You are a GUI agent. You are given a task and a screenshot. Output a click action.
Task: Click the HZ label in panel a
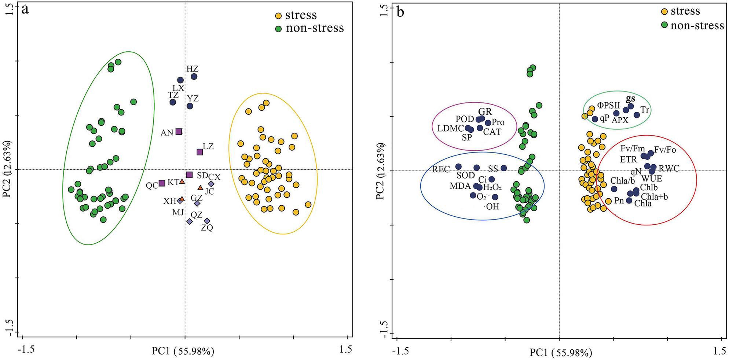[x=192, y=69]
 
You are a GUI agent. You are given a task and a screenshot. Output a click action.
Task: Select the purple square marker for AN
[x=179, y=132]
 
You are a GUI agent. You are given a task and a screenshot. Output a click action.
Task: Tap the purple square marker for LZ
[x=200, y=152]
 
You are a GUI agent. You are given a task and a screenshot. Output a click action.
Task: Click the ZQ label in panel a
[x=207, y=228]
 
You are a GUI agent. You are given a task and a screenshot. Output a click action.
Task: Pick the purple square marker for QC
[x=162, y=183]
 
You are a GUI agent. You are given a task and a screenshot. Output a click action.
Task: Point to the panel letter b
[x=400, y=12]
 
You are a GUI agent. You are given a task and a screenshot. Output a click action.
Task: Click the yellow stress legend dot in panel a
[x=279, y=16]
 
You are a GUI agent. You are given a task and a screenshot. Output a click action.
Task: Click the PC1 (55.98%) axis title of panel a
[x=183, y=352]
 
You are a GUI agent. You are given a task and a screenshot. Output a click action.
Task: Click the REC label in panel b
[x=441, y=169]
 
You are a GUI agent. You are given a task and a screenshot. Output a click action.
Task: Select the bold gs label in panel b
[x=630, y=99]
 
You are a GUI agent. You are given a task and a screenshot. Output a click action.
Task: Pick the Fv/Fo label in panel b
[x=665, y=150]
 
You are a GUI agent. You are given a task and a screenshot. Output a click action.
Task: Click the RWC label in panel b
[x=669, y=169]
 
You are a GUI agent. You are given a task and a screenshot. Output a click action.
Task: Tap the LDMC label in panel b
[x=451, y=129]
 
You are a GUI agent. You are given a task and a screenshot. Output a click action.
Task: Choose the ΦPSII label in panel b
[x=608, y=106]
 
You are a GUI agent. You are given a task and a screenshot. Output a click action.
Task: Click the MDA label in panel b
[x=460, y=186]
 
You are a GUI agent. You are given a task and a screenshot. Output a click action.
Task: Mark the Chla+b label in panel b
[x=654, y=197]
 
